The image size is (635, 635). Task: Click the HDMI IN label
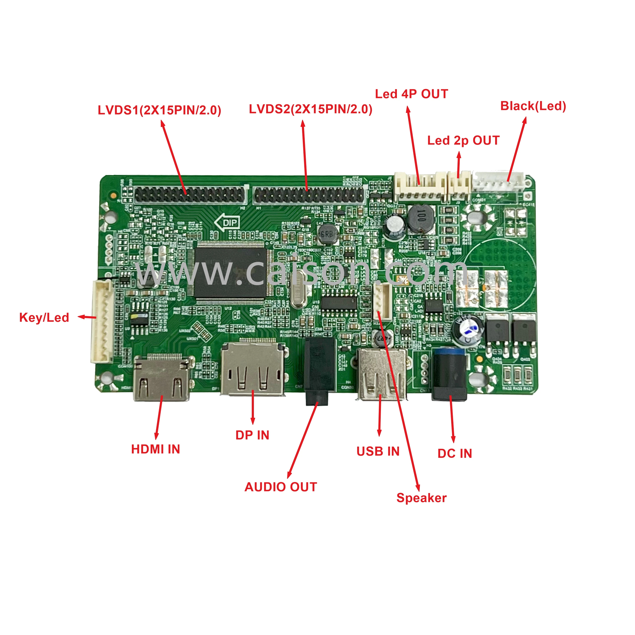[155, 449]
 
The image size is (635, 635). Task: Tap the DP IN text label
[252, 435]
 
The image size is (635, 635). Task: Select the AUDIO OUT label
[281, 487]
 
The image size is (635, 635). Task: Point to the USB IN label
[378, 451]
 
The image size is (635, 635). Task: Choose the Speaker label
[421, 498]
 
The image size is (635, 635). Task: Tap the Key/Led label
[44, 317]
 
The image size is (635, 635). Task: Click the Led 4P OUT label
[412, 94]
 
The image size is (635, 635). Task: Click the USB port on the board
[381, 375]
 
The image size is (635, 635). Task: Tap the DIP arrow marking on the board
[227, 223]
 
